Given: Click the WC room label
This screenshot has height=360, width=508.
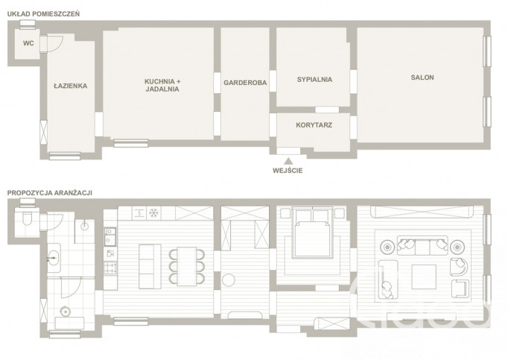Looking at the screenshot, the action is click(28, 43).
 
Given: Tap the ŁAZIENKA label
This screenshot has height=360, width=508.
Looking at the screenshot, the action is click(70, 86).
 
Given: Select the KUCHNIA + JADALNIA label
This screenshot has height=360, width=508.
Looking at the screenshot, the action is click(162, 85).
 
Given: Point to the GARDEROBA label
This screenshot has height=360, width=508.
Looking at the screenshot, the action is click(245, 83).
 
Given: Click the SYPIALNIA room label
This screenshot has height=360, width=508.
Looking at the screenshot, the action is click(314, 80).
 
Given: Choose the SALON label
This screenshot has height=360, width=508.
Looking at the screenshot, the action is click(422, 78).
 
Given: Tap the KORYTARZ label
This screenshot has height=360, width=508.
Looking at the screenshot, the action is click(314, 125).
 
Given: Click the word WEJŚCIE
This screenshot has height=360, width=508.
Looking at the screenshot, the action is click(288, 170).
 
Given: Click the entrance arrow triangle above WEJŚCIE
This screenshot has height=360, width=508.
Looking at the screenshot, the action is click(288, 161).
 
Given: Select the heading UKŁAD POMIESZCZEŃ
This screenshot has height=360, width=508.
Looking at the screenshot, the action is click(43, 14).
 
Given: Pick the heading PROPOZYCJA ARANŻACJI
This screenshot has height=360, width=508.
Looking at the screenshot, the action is click(50, 192).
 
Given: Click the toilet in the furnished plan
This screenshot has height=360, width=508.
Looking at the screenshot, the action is click(27, 218).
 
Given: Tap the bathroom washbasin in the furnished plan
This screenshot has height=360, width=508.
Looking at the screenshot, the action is click(54, 258).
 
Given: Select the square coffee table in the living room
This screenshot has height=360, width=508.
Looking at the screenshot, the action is click(424, 277).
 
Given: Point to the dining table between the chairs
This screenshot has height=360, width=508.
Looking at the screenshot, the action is click(187, 266).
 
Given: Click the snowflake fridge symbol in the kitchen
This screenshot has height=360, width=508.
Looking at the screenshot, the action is click(153, 213).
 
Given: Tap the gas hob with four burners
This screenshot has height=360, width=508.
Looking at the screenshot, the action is click(110, 268).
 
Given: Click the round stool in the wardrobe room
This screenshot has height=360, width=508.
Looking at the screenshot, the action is click(229, 280).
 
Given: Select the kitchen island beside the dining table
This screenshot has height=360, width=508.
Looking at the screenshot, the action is click(150, 266).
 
